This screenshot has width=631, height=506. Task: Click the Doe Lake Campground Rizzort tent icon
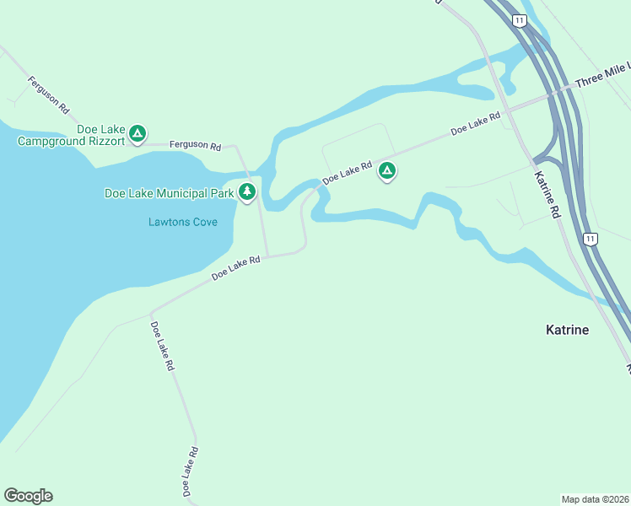pos(138,132)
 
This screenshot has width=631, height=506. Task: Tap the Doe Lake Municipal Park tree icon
pos(247,192)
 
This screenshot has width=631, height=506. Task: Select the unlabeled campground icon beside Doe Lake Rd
pos(386,170)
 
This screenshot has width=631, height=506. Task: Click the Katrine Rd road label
pos(547,196)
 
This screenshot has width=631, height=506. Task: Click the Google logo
pos(28,496)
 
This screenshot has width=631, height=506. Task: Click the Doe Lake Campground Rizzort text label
pos(71,135)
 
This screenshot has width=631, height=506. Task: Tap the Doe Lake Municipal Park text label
pos(169,193)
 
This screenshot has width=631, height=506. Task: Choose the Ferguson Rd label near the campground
pos(195,146)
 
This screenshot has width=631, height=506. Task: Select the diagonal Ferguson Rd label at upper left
pos(48,95)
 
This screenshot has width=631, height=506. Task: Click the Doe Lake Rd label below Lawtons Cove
pos(235,268)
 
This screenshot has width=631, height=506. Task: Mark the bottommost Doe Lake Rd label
pos(190,471)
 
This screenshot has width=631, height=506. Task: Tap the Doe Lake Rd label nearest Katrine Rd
pos(470,126)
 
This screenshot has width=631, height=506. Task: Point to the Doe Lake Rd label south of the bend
pos(162,347)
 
